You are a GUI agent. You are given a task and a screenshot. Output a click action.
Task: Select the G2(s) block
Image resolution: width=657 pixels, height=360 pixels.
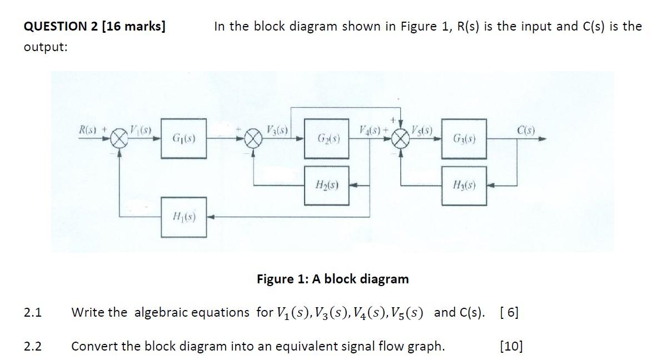[x=326, y=137]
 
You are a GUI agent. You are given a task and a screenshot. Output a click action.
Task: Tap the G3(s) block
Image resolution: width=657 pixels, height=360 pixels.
[x=463, y=137]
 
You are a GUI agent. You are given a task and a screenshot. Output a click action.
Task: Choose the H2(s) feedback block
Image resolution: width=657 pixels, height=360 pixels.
[x=326, y=184]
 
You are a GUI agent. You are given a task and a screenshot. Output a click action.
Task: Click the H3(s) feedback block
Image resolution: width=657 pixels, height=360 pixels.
[x=463, y=184]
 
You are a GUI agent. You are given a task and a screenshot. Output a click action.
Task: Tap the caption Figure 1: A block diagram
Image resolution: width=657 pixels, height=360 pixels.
[x=332, y=278]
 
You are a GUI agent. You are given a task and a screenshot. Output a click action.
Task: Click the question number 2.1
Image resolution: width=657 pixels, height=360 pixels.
[x=33, y=312]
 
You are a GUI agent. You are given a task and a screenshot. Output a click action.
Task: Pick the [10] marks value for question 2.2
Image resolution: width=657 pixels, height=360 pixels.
[x=511, y=347]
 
